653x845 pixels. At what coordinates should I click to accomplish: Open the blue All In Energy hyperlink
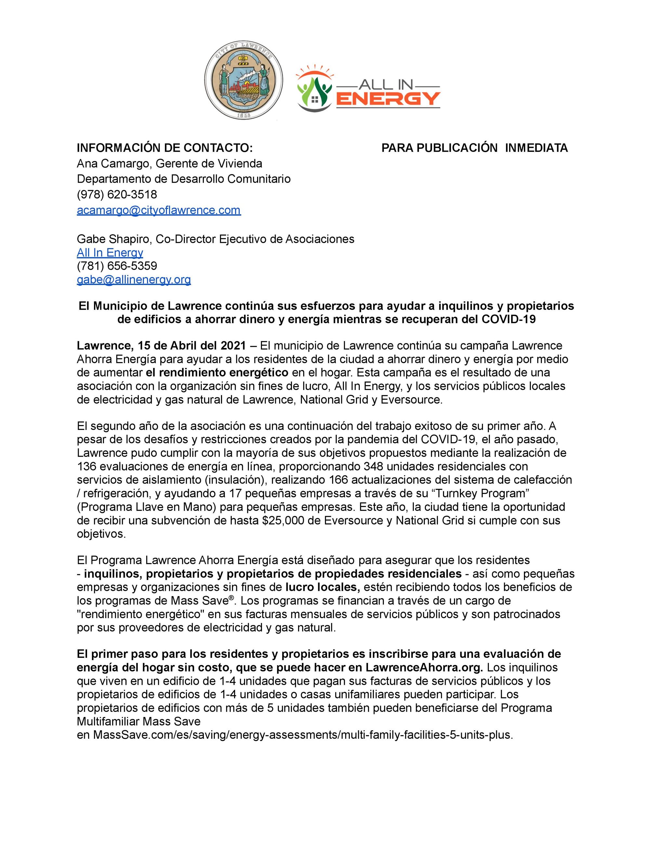pyautogui.click(x=110, y=253)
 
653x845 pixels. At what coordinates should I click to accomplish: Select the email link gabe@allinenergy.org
pyautogui.click(x=134, y=279)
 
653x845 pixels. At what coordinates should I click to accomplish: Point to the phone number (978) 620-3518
pyautogui.click(x=117, y=194)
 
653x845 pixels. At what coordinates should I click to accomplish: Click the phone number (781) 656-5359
pyautogui.click(x=117, y=266)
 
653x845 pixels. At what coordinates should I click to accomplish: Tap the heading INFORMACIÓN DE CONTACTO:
pyautogui.click(x=164, y=148)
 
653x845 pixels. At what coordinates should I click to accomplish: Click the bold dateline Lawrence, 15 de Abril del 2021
pyautogui.click(x=161, y=345)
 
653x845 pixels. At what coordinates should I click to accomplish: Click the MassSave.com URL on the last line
pyautogui.click(x=303, y=735)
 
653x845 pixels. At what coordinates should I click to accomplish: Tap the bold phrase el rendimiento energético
pyautogui.click(x=217, y=372)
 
